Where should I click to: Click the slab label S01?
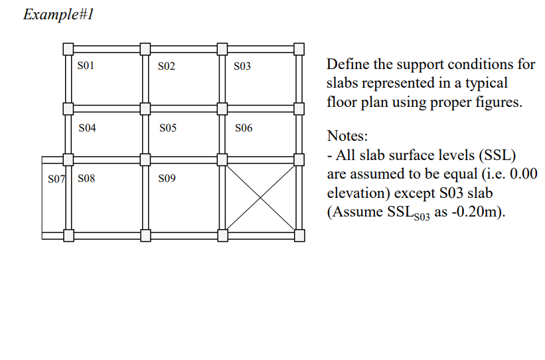tap(87, 66)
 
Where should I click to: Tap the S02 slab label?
tap(167, 66)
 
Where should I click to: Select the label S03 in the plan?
tap(243, 66)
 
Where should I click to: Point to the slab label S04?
tap(87, 128)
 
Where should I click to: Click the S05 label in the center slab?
tap(167, 128)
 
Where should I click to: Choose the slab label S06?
tap(244, 128)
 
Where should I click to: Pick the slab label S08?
tap(86, 179)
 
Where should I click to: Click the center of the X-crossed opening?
tap(260, 197)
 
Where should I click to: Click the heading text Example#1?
tap(58, 15)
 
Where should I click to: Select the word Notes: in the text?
tap(347, 136)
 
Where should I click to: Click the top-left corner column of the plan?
tap(68, 48)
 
